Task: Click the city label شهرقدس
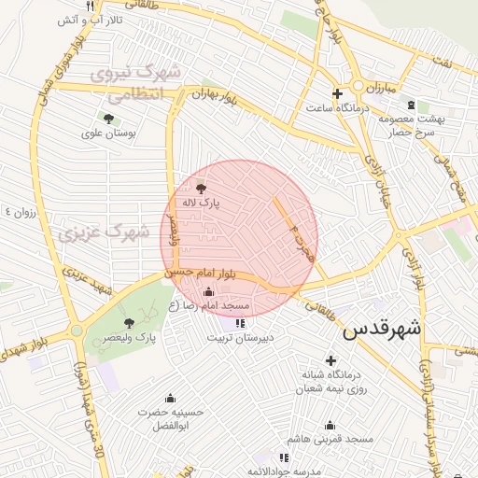pyautogui.click(x=382, y=330)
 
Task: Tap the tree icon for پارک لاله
pyautogui.click(x=201, y=187)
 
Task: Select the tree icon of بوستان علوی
pyautogui.click(x=109, y=119)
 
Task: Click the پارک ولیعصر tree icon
pyautogui.click(x=129, y=322)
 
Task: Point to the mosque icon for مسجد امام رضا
pyautogui.click(x=207, y=291)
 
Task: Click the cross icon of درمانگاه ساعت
pyautogui.click(x=338, y=93)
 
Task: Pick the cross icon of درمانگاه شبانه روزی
pyautogui.click(x=330, y=360)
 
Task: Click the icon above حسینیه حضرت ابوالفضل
pyautogui.click(x=169, y=398)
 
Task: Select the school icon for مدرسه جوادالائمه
pyautogui.click(x=284, y=457)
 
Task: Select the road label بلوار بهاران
pyautogui.click(x=214, y=96)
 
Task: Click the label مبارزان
pyautogui.click(x=379, y=86)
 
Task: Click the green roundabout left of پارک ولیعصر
pyautogui.click(x=76, y=330)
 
